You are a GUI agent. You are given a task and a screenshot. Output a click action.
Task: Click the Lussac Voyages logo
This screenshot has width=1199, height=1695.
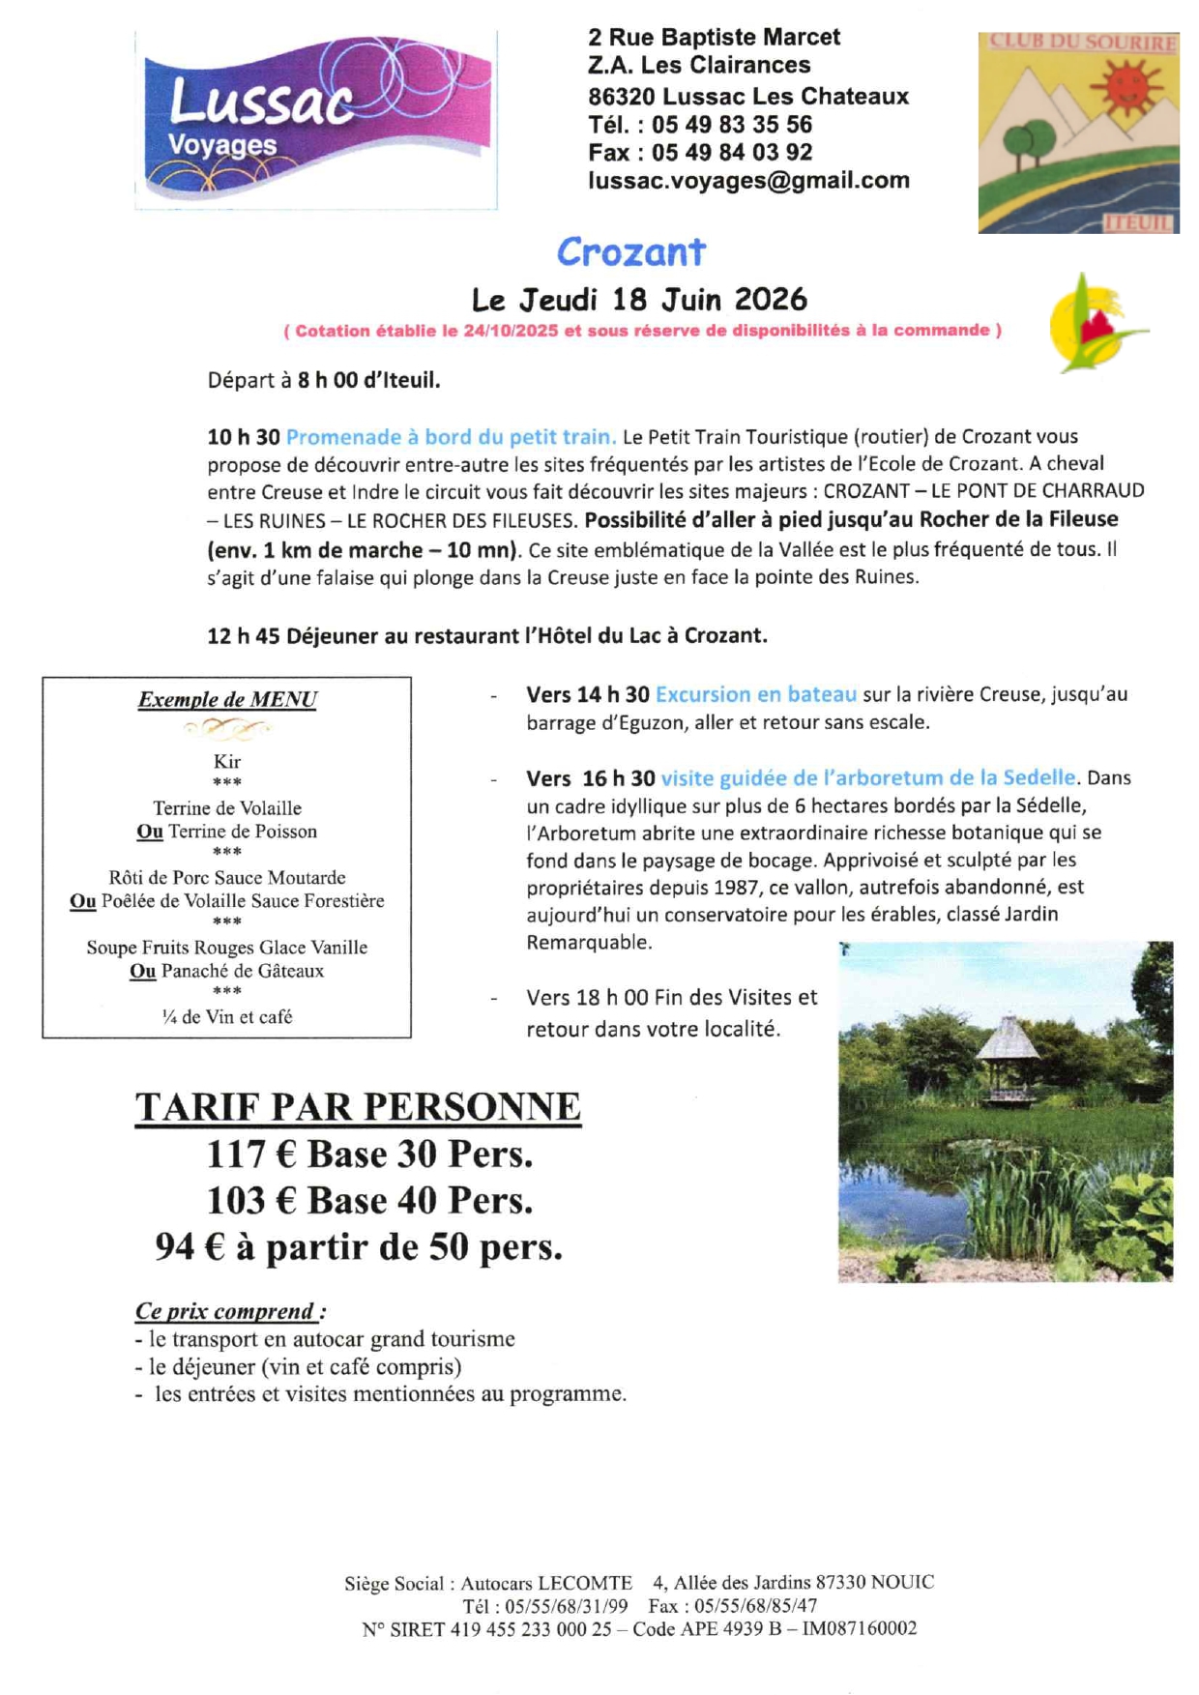pos(316,120)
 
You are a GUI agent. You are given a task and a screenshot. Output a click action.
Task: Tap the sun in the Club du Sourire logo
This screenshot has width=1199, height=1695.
pos(1126,86)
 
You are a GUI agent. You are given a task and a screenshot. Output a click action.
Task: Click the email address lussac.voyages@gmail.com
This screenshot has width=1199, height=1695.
pos(748,181)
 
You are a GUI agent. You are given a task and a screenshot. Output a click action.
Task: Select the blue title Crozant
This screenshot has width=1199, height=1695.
pos(630,252)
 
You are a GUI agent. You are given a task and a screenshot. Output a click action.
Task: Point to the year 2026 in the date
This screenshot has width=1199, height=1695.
pos(770,300)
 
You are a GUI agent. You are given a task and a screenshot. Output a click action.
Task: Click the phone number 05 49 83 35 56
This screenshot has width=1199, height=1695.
pos(731,125)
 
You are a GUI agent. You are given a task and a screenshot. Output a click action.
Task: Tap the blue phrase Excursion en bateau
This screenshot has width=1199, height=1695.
pos(755,694)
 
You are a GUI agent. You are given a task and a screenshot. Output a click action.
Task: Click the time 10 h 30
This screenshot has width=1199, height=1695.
pos(243,437)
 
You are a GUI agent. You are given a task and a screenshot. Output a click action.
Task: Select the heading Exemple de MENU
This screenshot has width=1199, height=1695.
pos(227,700)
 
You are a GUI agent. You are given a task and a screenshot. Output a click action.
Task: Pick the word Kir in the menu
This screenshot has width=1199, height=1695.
pos(227,762)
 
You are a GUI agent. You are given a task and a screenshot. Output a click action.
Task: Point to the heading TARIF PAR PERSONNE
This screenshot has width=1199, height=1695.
pos(358,1107)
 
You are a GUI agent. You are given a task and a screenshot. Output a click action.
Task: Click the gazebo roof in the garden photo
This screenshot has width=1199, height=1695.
pos(1007,1040)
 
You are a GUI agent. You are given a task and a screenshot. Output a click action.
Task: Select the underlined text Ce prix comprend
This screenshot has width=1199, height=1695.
pos(225,1312)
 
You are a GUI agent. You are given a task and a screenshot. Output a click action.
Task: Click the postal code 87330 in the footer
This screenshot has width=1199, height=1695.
pos(840,1583)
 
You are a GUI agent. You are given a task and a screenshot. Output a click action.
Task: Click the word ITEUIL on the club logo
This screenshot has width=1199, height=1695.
pos(1138,223)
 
